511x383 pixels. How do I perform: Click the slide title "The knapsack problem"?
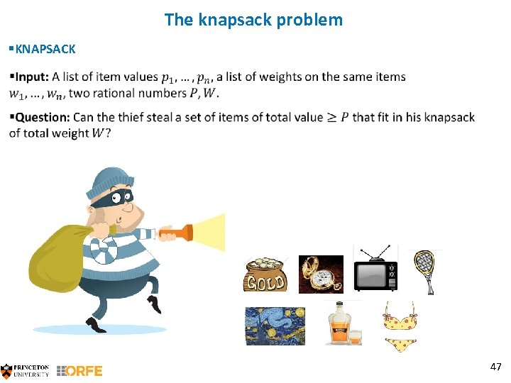click(253, 20)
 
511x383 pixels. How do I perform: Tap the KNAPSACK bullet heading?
click(45, 49)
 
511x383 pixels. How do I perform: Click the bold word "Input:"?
click(31, 77)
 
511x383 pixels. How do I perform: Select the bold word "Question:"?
click(42, 117)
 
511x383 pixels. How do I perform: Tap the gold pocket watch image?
click(320, 274)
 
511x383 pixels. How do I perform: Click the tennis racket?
click(426, 270)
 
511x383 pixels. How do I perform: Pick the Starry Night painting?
click(275, 326)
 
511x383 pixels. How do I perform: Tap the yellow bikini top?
click(399, 318)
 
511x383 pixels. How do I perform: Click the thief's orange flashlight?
click(177, 233)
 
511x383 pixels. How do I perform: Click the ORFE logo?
click(79, 370)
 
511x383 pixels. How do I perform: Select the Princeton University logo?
click(26, 370)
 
